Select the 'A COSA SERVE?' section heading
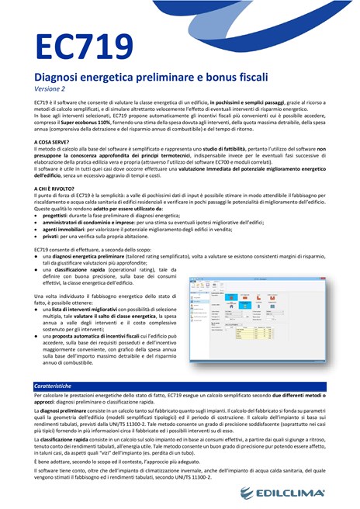56,143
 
